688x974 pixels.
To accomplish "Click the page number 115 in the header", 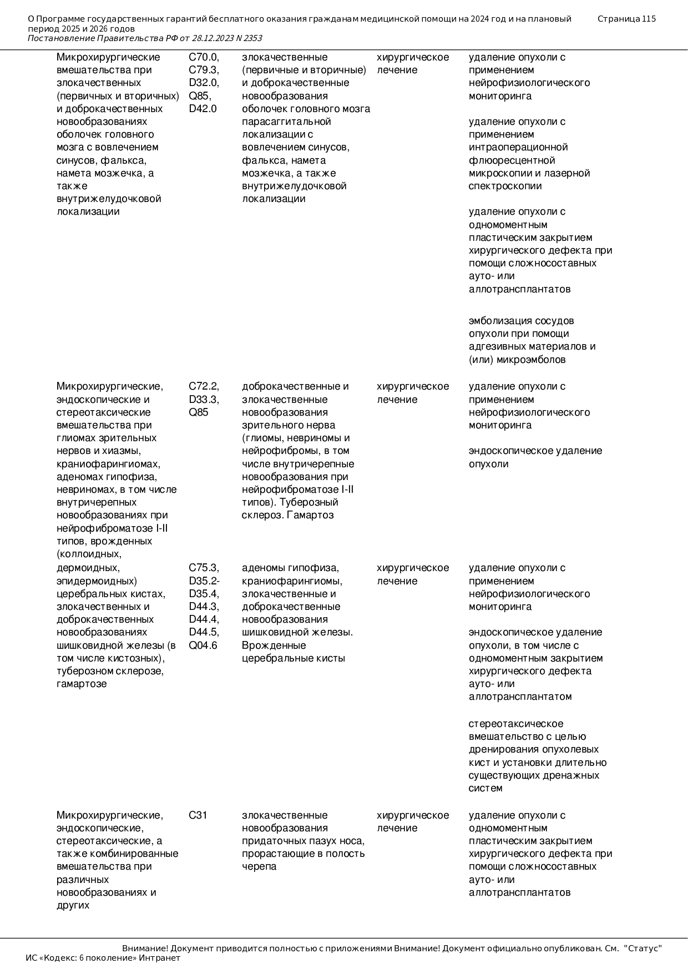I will click(x=649, y=19).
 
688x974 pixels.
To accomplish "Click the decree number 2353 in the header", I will click(x=252, y=38).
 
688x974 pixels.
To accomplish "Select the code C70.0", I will click(x=204, y=57).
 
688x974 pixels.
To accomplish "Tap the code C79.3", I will click(x=204, y=70).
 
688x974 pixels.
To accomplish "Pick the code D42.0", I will click(x=203, y=109).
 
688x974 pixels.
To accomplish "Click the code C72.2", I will click(x=204, y=387).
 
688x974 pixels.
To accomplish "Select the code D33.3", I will click(x=204, y=400).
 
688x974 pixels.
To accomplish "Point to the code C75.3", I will click(x=204, y=568).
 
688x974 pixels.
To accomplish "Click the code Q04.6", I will click(x=203, y=645).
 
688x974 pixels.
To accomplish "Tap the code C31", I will click(x=198, y=815).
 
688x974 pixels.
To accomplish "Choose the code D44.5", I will click(x=204, y=632).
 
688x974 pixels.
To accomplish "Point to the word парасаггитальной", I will click(x=286, y=122).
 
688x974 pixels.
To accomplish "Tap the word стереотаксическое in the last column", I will click(x=515, y=724).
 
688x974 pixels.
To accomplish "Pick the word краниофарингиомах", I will click(x=108, y=464).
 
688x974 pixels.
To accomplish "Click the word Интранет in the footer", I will click(x=159, y=958).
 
